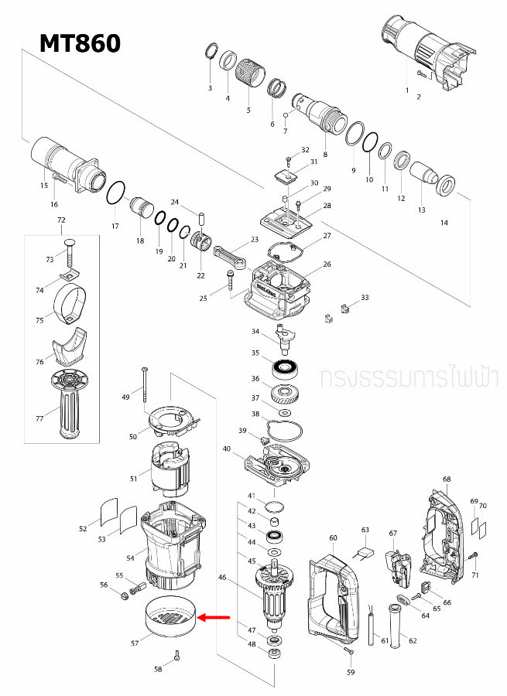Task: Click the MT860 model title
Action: [x=81, y=43]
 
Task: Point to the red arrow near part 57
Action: [x=216, y=617]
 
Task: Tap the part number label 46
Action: [x=222, y=577]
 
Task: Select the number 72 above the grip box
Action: [x=62, y=220]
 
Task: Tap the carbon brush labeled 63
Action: [x=365, y=553]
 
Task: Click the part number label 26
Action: [x=327, y=264]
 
